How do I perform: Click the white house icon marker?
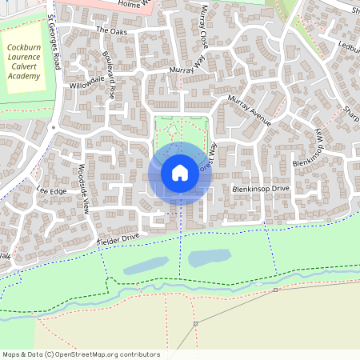(180, 172)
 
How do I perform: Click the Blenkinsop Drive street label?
(260, 189)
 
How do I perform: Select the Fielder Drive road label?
(118, 238)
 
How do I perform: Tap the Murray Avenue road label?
(250, 110)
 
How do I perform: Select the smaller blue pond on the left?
(145, 265)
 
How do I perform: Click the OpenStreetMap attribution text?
(81, 354)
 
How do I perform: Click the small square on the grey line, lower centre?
(196, 323)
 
